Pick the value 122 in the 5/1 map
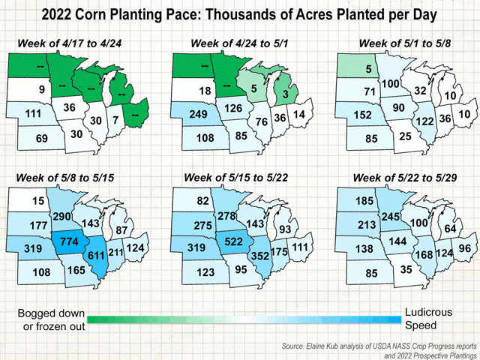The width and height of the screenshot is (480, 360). click(x=427, y=122)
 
